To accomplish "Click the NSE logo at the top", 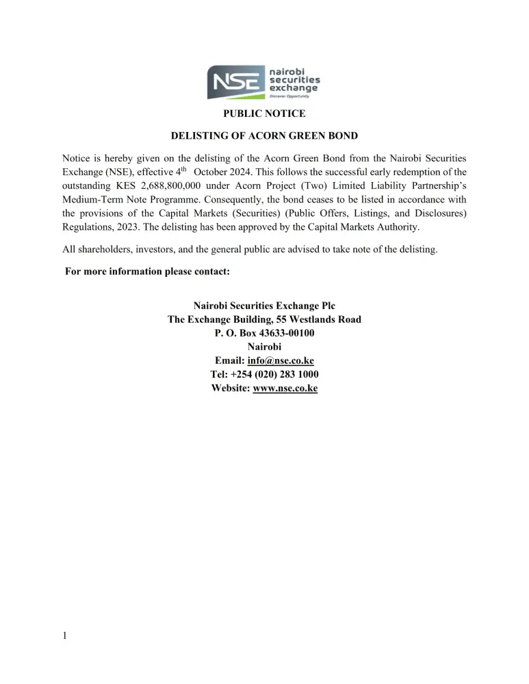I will click(x=264, y=81).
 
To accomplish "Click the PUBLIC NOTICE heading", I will click(x=264, y=114).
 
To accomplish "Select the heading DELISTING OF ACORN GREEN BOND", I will click(x=264, y=135).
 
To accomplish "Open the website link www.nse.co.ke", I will click(x=285, y=388).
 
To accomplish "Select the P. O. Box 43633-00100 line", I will click(x=264, y=333).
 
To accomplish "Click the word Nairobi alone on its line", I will click(x=264, y=347).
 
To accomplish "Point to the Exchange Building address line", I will click(x=264, y=319).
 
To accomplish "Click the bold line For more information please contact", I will click(x=147, y=272).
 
